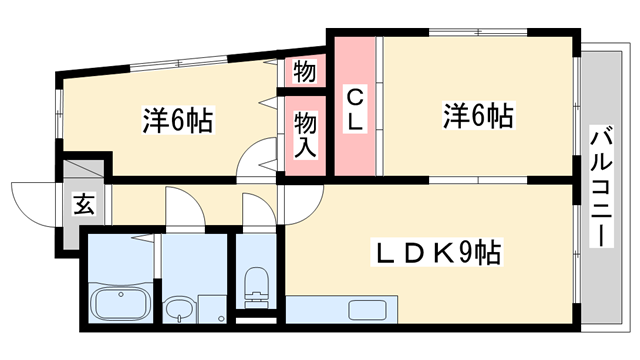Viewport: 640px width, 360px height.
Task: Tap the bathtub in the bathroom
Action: [x=120, y=302]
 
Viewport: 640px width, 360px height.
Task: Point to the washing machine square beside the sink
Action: [x=213, y=309]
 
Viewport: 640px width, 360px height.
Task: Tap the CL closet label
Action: [x=357, y=109]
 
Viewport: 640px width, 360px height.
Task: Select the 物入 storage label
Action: [x=305, y=134]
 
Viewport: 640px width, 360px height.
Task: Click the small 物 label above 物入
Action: [x=305, y=72]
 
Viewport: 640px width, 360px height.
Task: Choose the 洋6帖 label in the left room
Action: [x=177, y=121]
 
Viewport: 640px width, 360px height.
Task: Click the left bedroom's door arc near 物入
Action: [x=259, y=159]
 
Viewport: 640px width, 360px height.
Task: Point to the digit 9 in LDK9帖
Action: [x=468, y=251]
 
